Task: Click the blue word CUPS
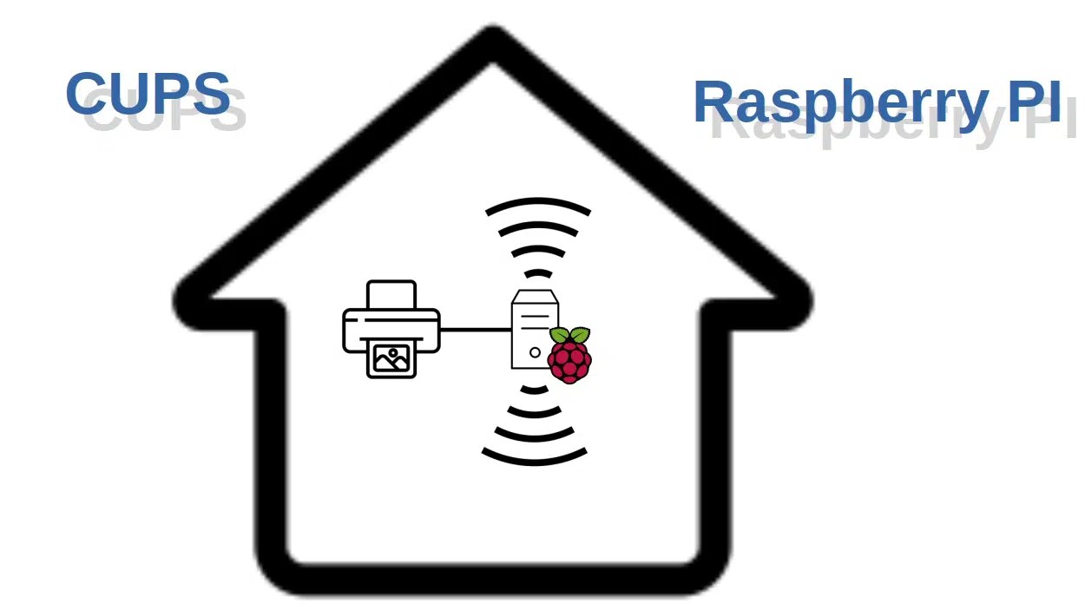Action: (x=148, y=94)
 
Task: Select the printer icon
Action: (x=391, y=330)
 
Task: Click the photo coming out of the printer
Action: (x=391, y=358)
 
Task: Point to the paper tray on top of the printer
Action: (x=391, y=295)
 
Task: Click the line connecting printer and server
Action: (x=475, y=330)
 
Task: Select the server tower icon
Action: (x=533, y=330)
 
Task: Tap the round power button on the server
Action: (x=535, y=352)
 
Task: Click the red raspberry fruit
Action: (x=569, y=361)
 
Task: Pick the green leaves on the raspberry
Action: (x=570, y=335)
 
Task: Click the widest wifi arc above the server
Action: (x=538, y=206)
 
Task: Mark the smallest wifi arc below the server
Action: (x=535, y=390)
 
